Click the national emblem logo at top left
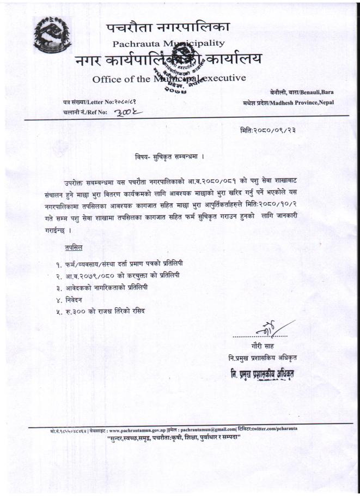52,36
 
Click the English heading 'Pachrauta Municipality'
168,43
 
